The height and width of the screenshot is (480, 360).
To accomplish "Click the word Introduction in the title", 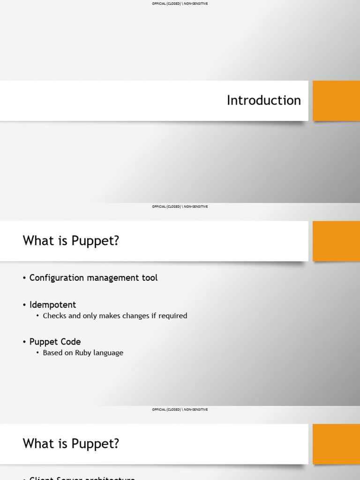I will [x=263, y=100].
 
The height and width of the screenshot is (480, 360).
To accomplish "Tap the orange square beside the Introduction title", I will [x=336, y=100].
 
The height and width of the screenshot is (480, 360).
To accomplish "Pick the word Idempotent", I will [x=52, y=305].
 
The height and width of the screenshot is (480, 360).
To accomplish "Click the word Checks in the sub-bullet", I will [x=55, y=316].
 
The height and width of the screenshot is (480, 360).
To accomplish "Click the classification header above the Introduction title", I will [x=180, y=4].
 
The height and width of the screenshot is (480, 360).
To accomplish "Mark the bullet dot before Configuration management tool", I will [x=24, y=278].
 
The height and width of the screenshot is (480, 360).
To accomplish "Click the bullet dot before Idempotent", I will [x=24, y=305].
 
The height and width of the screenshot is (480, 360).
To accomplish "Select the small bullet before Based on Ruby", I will [x=38, y=353].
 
